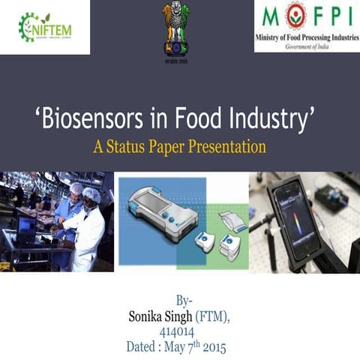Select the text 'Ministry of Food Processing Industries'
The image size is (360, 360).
coord(307,37)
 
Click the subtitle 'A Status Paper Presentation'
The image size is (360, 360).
coord(180,145)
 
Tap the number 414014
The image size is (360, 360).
coord(179,332)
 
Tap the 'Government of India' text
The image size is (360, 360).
coord(307,46)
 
